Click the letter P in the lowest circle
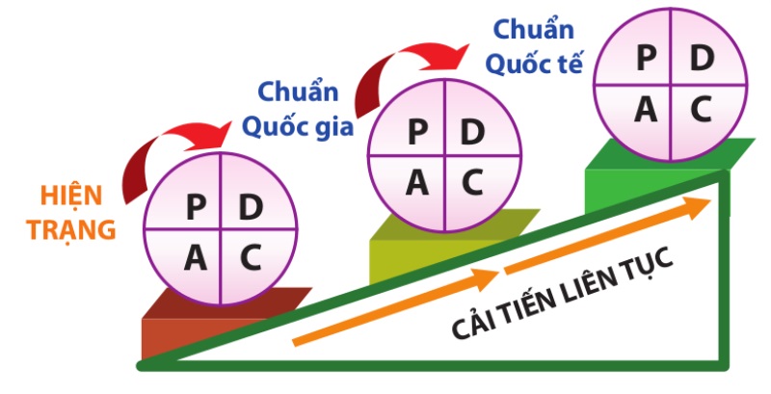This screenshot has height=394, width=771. (196, 206)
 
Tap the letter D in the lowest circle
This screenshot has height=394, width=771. (250, 206)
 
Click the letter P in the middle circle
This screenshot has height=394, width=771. (417, 131)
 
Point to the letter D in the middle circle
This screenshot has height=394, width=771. (471, 131)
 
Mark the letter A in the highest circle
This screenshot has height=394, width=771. (645, 109)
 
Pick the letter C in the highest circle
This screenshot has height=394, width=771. (701, 109)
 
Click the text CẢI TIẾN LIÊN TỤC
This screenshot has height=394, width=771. (564, 294)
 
